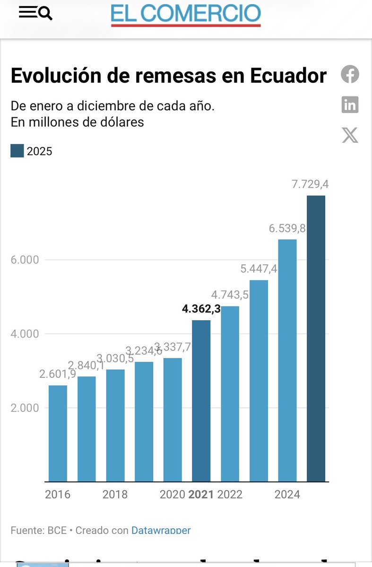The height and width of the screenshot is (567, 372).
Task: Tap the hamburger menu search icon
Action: tap(35, 13)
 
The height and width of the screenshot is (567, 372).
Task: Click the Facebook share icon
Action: tap(350, 74)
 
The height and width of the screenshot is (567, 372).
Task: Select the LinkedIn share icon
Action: tap(350, 105)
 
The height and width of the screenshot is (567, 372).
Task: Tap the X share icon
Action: tap(350, 135)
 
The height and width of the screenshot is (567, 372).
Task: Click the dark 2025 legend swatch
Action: tap(17, 151)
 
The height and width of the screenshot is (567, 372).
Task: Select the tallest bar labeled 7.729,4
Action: tap(316, 338)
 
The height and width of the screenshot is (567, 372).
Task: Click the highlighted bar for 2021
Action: tap(201, 401)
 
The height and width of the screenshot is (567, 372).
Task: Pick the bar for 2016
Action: tap(58, 433)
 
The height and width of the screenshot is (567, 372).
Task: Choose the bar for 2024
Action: tap(287, 360)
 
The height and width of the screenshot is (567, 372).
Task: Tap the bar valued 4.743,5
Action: tap(230, 394)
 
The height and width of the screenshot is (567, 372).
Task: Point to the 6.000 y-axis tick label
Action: tap(25, 260)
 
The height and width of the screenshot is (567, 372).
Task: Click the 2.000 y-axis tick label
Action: tap(25, 408)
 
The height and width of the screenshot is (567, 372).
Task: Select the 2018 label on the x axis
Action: tap(115, 495)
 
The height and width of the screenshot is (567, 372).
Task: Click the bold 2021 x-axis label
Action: tap(201, 495)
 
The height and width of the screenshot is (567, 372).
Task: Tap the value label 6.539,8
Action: tap(287, 229)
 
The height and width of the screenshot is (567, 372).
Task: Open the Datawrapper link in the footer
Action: tap(161, 531)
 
